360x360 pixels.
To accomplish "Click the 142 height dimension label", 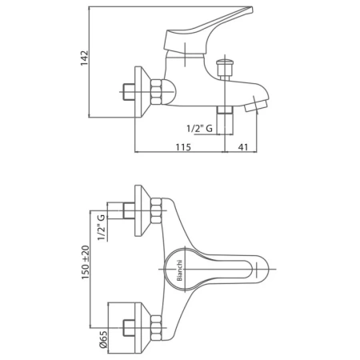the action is (x=84, y=58).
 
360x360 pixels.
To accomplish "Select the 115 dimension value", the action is (x=183, y=147).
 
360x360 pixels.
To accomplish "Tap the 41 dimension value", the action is (x=242, y=147).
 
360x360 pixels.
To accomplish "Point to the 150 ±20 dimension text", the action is (x=86, y=262).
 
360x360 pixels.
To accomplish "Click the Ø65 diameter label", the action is (x=103, y=339).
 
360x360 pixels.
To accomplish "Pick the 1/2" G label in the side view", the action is (x=199, y=129).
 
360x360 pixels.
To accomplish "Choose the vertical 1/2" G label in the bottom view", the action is (x=101, y=227).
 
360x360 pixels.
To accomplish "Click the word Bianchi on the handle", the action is (x=179, y=270).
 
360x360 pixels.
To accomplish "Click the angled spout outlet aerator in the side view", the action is (x=255, y=106).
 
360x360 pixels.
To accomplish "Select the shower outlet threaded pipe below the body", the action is (x=225, y=120).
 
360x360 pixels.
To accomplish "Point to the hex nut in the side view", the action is (x=156, y=92).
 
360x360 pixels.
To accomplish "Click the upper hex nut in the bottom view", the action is (x=156, y=210).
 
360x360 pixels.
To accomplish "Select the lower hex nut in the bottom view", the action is (x=156, y=328).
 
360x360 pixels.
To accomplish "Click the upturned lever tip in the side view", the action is (x=246, y=10).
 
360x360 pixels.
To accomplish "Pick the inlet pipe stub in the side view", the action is (x=129, y=92).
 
